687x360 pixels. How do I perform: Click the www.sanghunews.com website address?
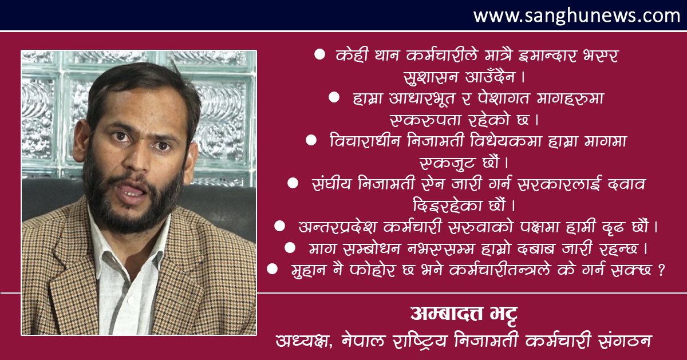[577, 15]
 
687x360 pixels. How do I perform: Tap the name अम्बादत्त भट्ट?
[464, 314]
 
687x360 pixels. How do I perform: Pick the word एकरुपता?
[424, 120]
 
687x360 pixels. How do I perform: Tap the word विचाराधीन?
[365, 140]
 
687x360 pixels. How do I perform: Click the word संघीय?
[331, 183]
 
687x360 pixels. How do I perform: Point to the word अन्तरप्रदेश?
[337, 227]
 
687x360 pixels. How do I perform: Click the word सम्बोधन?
[372, 249]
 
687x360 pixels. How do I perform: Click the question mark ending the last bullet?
[661, 270]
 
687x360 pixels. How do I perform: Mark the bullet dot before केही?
[319, 54]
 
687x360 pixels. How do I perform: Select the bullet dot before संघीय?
[293, 183]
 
